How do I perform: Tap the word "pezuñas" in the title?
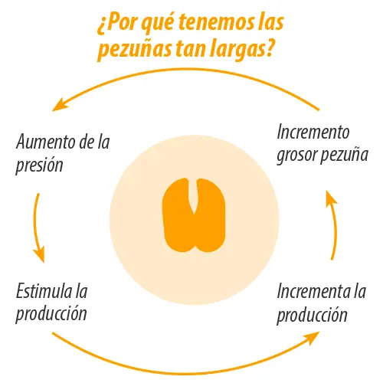[134, 51]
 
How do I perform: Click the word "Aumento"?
[45, 142]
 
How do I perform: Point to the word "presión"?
[39, 165]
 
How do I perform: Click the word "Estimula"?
[44, 290]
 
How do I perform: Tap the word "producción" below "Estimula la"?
[51, 314]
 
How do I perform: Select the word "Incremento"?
[313, 132]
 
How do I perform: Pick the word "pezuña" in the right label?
[344, 155]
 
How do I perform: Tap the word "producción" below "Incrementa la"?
[313, 315]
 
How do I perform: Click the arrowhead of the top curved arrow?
[60, 105]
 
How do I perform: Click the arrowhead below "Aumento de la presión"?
[40, 254]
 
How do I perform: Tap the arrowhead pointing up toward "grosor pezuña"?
[331, 198]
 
